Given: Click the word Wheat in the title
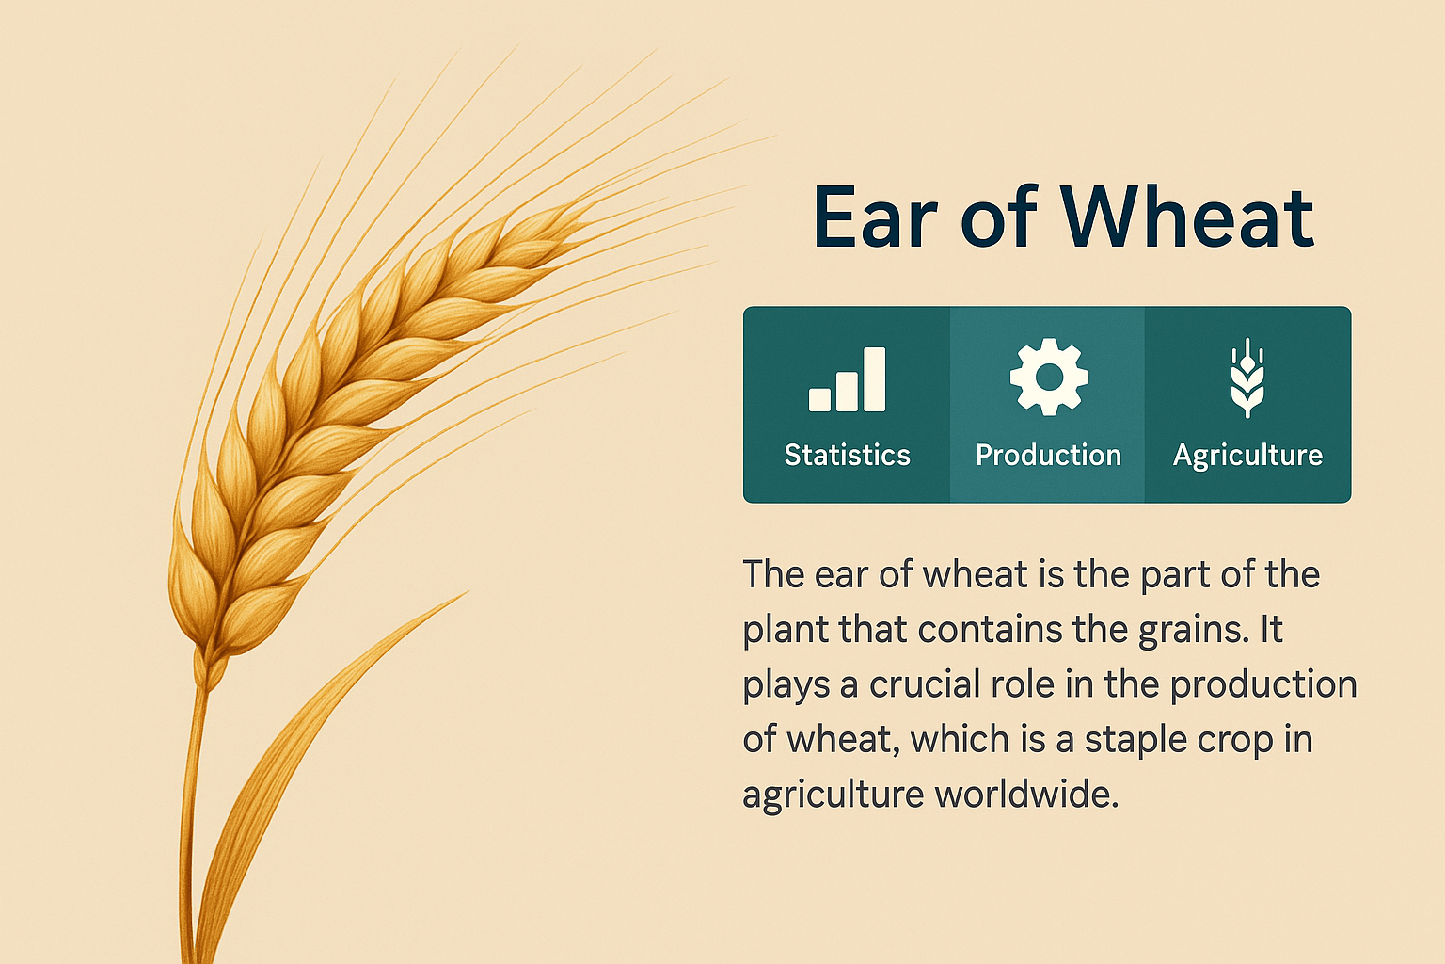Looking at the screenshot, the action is point(1187,217).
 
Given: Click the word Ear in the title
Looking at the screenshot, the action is point(876,217).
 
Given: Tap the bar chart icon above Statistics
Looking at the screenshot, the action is point(847,379).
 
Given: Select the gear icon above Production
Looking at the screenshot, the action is point(1049,377).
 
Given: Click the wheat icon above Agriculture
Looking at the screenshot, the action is point(1247,378).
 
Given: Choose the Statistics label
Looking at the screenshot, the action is point(847,455).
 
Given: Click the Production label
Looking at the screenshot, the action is point(1048,455).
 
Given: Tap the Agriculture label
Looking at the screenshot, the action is point(1247,456).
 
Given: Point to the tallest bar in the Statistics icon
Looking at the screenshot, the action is point(875,379).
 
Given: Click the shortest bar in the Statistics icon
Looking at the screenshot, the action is point(820,400).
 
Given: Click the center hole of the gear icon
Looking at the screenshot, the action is point(1049,377).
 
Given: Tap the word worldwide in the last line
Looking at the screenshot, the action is point(1026,795).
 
